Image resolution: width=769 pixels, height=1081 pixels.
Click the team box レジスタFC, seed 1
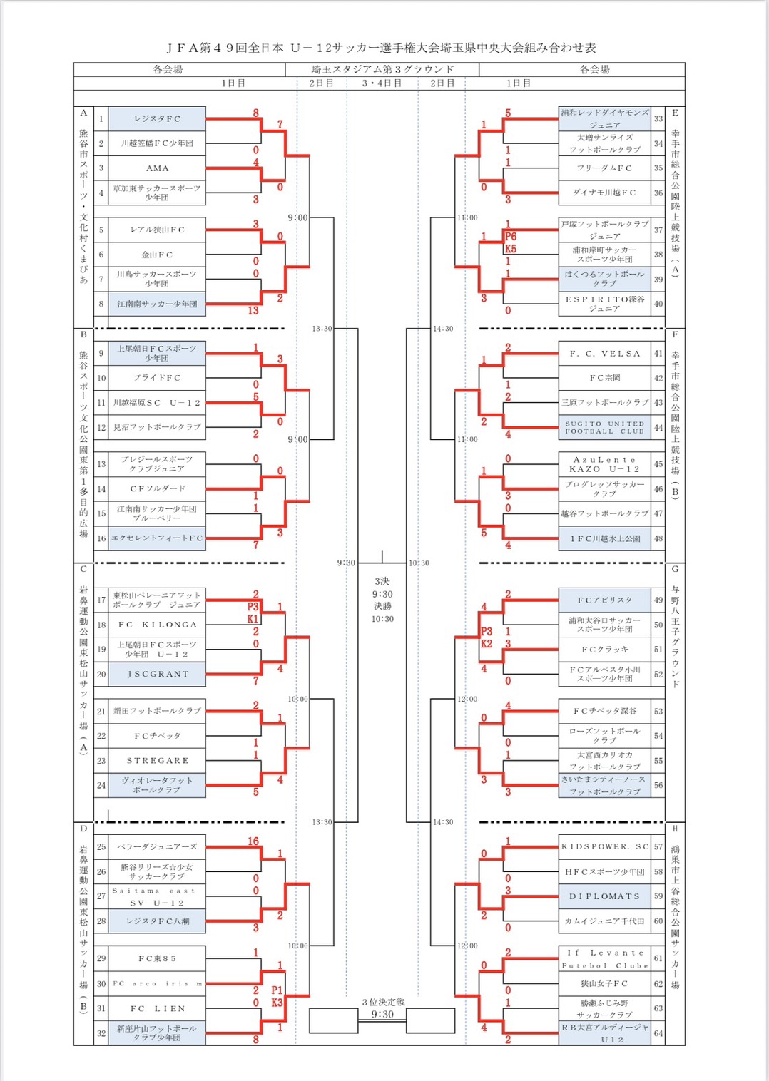[x=157, y=119]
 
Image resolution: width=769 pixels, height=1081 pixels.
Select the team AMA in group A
[x=157, y=168]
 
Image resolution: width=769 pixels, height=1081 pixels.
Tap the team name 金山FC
[x=157, y=255]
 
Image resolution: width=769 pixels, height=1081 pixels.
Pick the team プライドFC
[x=157, y=378]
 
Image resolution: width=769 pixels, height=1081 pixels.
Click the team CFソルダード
[x=157, y=488]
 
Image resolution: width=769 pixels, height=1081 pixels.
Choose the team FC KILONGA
[x=157, y=625]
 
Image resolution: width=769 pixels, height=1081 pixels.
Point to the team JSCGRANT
[x=157, y=674]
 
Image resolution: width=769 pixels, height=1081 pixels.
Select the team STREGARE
[x=157, y=761]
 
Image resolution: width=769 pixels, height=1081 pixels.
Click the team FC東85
[x=157, y=959]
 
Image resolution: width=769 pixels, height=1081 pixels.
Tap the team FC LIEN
[x=157, y=1008]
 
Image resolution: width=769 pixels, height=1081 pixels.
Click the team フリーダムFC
[x=604, y=168]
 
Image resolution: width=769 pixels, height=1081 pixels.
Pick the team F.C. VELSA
[x=604, y=354]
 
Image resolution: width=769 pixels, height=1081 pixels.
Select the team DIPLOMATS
[x=604, y=896]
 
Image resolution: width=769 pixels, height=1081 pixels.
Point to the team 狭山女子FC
[x=604, y=983]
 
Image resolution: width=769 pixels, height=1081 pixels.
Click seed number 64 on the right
[x=658, y=1033]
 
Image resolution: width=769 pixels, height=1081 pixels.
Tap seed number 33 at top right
[x=658, y=119]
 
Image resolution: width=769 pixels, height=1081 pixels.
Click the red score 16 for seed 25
[x=253, y=841]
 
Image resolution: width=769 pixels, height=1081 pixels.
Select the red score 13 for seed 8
[x=253, y=311]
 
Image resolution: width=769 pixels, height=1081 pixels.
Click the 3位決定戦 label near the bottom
[x=382, y=1002]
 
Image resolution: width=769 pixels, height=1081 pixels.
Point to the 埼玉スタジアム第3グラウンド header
[x=382, y=69]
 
